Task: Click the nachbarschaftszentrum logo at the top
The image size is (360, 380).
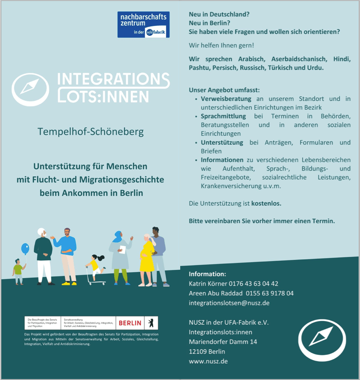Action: click(143, 25)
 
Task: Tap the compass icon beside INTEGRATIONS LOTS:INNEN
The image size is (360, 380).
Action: click(30, 89)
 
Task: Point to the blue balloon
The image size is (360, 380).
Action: click(25, 249)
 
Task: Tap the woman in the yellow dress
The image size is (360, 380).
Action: click(147, 260)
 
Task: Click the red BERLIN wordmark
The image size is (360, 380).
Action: click(130, 323)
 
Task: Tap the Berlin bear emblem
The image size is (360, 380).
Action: click(151, 323)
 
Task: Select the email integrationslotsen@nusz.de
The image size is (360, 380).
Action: click(229, 303)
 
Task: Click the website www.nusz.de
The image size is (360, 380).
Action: click(208, 362)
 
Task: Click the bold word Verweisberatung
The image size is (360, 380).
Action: click(226, 99)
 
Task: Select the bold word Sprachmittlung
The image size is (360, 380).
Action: click(223, 116)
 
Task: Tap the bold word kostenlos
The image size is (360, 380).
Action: click(266, 203)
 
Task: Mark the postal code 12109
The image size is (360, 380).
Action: click(198, 352)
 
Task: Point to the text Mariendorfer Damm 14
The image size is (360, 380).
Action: click(223, 342)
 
